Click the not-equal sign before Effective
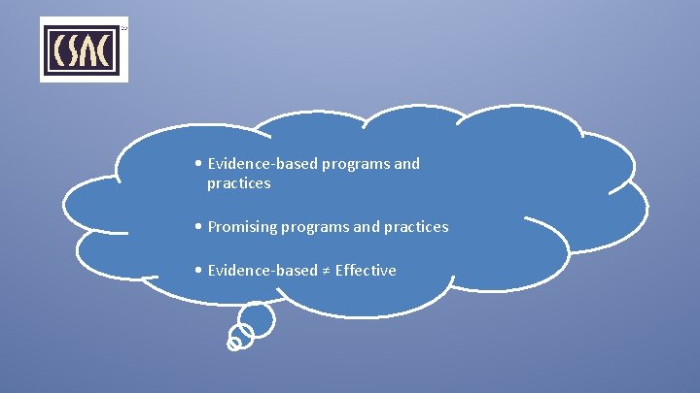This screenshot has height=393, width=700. point(327,271)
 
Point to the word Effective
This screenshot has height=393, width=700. point(366,271)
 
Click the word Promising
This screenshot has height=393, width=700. point(242,227)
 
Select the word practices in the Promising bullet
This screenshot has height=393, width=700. point(416,227)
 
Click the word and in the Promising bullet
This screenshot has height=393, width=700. point(367,227)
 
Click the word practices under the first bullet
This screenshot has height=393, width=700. point(238,183)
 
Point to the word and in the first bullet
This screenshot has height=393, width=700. point(407,164)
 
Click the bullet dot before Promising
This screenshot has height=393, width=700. point(198,227)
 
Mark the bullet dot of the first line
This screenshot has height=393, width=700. point(198,164)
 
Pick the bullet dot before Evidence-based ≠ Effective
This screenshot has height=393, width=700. point(198,271)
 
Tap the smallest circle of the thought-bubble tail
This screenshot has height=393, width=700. point(233,343)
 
